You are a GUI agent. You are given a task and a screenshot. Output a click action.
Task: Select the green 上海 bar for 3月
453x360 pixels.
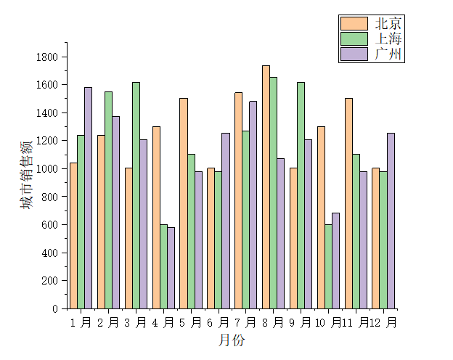(136, 195)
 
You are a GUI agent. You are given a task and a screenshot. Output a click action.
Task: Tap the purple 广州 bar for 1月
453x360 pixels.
(88, 197)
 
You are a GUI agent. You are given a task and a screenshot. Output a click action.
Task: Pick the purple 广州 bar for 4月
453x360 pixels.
(171, 268)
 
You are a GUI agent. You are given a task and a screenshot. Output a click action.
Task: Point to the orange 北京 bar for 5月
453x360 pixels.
(184, 203)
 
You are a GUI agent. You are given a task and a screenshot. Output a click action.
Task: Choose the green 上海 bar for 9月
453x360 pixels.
(301, 195)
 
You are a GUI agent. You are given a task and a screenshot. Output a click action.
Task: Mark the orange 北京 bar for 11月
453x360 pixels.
(348, 203)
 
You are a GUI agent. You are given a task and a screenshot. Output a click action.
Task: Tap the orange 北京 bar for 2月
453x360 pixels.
(101, 221)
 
